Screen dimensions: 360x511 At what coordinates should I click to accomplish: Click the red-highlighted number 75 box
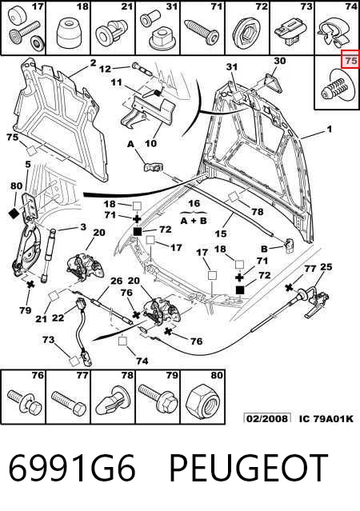[x=350, y=60]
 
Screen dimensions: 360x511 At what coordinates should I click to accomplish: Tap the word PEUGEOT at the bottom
[x=249, y=468]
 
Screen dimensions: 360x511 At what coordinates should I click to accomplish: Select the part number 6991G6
[x=72, y=468]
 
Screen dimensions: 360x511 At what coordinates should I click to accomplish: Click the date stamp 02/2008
[x=267, y=418]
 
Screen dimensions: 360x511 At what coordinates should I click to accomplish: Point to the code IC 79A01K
[x=326, y=418]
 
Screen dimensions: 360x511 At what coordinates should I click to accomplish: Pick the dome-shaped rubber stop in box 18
[x=69, y=33]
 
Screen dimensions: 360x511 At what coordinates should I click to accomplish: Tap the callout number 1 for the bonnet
[x=330, y=129]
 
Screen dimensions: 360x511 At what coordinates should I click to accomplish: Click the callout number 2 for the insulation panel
[x=94, y=62]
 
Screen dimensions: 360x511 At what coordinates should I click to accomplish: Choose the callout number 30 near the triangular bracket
[x=279, y=61]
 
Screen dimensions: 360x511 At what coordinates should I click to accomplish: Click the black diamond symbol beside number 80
[x=14, y=214]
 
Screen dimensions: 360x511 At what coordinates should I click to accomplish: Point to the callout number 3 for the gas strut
[x=83, y=226]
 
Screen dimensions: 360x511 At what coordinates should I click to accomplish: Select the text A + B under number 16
[x=194, y=221]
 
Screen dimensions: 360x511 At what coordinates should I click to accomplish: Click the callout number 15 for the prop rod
[x=221, y=234]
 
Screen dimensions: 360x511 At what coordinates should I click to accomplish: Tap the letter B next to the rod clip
[x=264, y=249]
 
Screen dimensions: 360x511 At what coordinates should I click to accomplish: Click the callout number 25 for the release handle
[x=326, y=267]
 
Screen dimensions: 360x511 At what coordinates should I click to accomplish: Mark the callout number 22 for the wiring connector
[x=58, y=317]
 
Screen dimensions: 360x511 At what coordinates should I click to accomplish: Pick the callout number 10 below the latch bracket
[x=150, y=143]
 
